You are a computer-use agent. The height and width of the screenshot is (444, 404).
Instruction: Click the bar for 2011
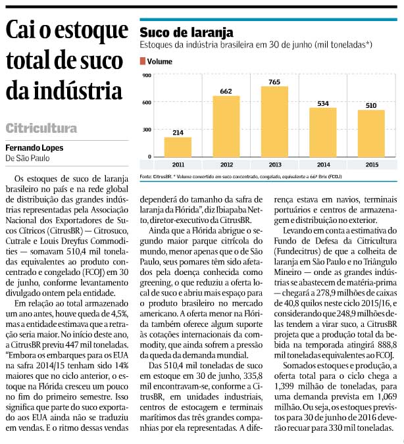[178, 147]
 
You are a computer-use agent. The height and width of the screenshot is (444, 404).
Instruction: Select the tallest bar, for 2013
[274, 122]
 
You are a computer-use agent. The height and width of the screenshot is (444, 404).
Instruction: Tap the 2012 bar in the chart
[226, 126]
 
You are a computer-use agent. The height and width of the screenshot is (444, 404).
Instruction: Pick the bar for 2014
[323, 132]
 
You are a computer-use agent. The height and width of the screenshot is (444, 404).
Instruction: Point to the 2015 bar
[371, 134]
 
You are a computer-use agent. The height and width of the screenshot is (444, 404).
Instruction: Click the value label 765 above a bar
[274, 82]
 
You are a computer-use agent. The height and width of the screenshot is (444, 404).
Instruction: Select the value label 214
[178, 132]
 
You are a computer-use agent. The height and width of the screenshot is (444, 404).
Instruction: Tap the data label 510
[371, 106]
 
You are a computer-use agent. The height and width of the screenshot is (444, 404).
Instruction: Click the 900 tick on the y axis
[147, 76]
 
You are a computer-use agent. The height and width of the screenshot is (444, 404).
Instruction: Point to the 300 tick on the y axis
[147, 130]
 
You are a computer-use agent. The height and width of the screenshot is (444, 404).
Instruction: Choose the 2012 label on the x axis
[226, 165]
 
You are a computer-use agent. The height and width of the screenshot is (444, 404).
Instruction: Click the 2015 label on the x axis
[372, 165]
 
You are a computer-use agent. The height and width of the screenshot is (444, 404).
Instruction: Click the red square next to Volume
[143, 61]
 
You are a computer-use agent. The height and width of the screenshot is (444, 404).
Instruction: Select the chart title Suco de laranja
[186, 33]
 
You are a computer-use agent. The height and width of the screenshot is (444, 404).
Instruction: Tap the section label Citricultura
[41, 128]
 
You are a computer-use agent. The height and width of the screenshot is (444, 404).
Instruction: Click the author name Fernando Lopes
[34, 148]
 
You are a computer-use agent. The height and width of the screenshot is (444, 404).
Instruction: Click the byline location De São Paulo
[28, 158]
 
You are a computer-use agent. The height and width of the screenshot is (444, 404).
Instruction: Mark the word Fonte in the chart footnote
[145, 177]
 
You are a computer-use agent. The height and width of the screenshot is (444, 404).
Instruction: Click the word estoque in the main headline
[91, 31]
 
